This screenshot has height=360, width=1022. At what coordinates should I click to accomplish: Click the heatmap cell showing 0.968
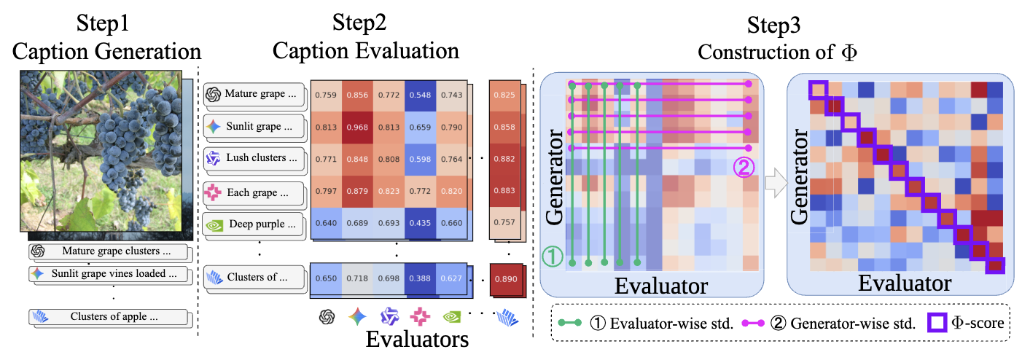357,126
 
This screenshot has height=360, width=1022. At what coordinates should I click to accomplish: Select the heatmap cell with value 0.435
418,224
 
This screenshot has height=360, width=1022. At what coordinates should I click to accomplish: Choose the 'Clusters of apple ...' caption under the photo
110,317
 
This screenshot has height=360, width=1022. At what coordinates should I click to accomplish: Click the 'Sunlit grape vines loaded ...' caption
110,275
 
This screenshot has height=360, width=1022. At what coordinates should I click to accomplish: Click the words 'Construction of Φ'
773,52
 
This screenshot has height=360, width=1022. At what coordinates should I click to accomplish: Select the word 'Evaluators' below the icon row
416,340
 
